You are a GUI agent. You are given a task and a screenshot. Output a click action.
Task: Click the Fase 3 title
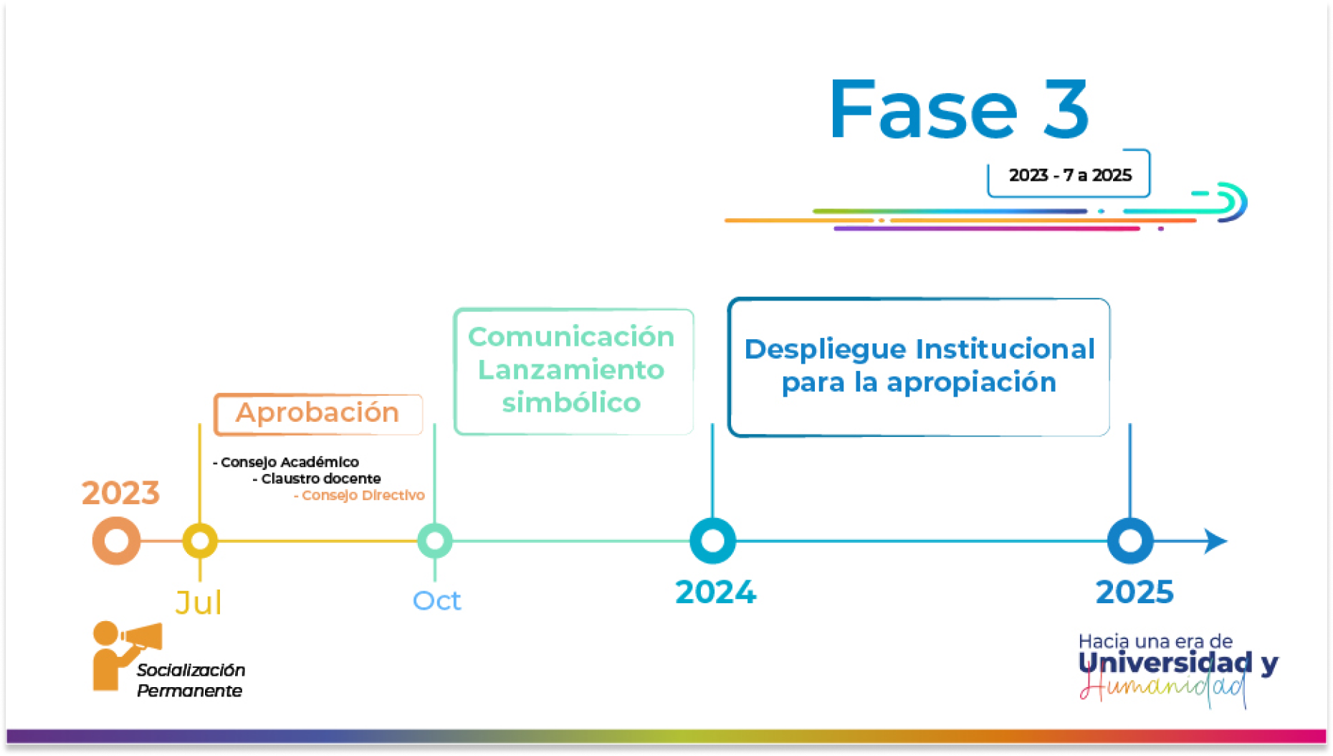(959, 109)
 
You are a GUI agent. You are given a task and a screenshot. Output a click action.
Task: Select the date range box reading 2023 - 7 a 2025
(1069, 174)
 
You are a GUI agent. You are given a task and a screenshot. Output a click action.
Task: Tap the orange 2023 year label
(120, 493)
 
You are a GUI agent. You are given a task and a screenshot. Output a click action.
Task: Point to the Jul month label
(199, 603)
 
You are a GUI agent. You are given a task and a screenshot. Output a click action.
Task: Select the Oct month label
(436, 600)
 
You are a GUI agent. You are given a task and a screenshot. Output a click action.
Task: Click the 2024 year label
(715, 592)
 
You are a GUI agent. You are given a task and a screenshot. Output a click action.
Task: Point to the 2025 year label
(1134, 592)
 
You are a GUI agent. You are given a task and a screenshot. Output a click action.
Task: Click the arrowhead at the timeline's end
(1215, 541)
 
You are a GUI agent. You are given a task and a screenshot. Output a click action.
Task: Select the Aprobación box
(318, 414)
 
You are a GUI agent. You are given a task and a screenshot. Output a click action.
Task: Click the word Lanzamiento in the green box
(571, 370)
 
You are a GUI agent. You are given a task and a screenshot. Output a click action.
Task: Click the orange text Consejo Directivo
(363, 495)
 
